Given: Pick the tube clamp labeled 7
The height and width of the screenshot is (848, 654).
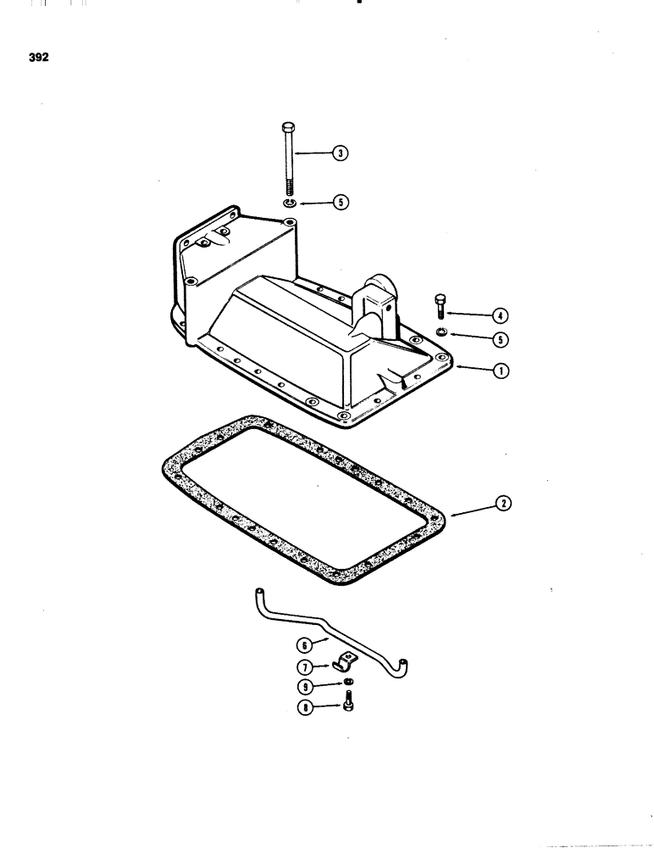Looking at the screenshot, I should (349, 662).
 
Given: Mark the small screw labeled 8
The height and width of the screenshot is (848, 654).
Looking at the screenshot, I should (348, 703).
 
